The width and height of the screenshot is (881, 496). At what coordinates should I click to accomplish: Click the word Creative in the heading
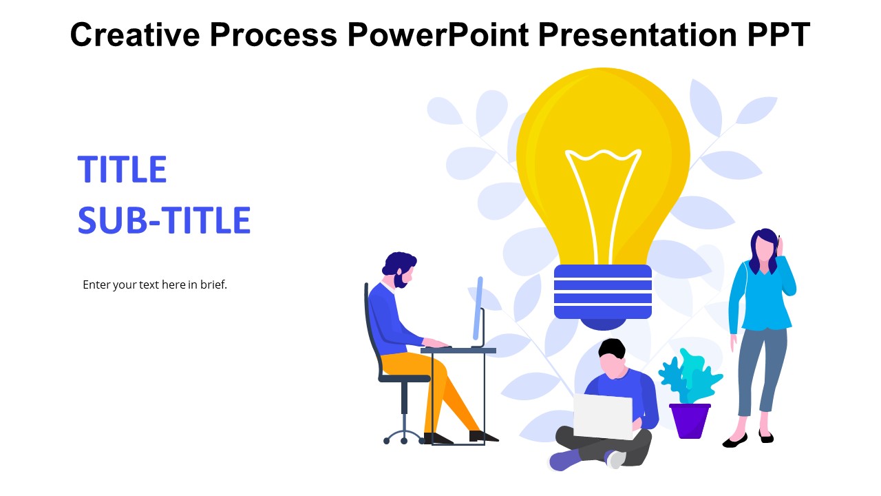click(135, 34)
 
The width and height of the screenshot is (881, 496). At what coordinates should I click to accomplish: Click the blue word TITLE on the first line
click(123, 169)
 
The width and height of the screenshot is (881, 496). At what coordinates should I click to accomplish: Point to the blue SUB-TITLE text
click(164, 220)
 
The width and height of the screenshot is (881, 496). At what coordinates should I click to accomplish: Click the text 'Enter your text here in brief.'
click(155, 285)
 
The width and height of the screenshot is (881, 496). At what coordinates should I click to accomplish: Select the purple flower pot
click(690, 421)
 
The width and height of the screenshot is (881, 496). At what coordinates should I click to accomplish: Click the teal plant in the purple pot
click(690, 377)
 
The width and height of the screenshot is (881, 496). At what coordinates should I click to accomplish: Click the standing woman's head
click(765, 248)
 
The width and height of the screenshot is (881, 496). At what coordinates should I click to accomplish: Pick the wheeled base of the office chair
click(404, 437)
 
